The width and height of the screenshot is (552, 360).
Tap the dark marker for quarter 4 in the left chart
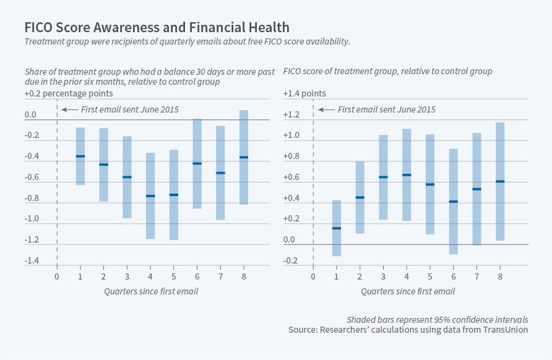[x=150, y=196]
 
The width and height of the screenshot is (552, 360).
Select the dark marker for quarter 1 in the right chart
[x=337, y=228]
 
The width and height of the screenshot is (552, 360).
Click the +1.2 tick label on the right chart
[x=291, y=115]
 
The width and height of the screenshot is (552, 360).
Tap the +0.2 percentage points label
[x=69, y=93]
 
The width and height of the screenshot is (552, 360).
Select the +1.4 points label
[x=304, y=93]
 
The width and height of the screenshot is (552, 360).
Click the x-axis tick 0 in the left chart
[x=57, y=276]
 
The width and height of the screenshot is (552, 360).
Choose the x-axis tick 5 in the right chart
[x=430, y=276]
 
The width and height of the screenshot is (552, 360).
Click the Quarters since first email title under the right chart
[x=408, y=291]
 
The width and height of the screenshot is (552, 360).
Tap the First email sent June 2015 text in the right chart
[x=386, y=109]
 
